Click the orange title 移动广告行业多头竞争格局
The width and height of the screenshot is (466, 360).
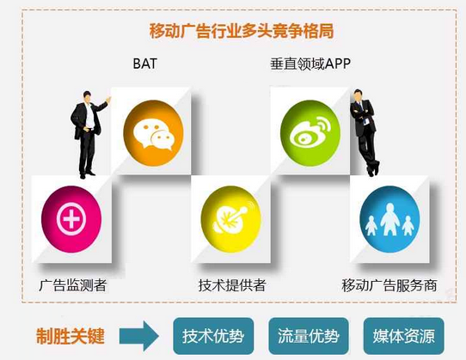pyautogui.click(x=242, y=31)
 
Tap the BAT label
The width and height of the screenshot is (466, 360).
pyautogui.click(x=144, y=64)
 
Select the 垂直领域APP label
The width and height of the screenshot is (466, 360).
pyautogui.click(x=310, y=64)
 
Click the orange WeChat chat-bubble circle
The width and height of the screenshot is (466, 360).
pyautogui.click(x=153, y=133)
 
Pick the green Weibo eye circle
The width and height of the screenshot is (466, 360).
pyautogui.click(x=310, y=132)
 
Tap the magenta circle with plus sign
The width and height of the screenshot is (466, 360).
pyautogui.click(x=71, y=219)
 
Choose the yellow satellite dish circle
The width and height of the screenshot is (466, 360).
pyautogui.click(x=231, y=219)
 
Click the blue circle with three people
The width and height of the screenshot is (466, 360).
pyautogui.click(x=389, y=219)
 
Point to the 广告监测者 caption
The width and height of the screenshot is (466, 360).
pyautogui.click(x=73, y=285)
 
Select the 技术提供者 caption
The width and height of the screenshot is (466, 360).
pyautogui.click(x=232, y=285)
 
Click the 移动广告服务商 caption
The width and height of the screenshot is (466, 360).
pyautogui.click(x=389, y=285)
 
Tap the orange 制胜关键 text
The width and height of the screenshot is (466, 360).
pyautogui.click(x=71, y=336)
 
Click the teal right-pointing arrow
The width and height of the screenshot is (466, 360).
pyautogui.click(x=139, y=336)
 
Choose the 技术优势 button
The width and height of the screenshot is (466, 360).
pyautogui.click(x=213, y=336)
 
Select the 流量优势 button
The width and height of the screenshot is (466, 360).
pyautogui.click(x=309, y=336)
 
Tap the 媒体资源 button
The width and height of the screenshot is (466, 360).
pyautogui.click(x=404, y=336)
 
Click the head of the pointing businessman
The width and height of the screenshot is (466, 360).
pyautogui.click(x=87, y=96)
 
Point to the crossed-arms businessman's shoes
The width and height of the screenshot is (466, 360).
pyautogui.click(x=373, y=169)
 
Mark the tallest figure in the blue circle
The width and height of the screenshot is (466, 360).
pyautogui.click(x=389, y=219)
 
